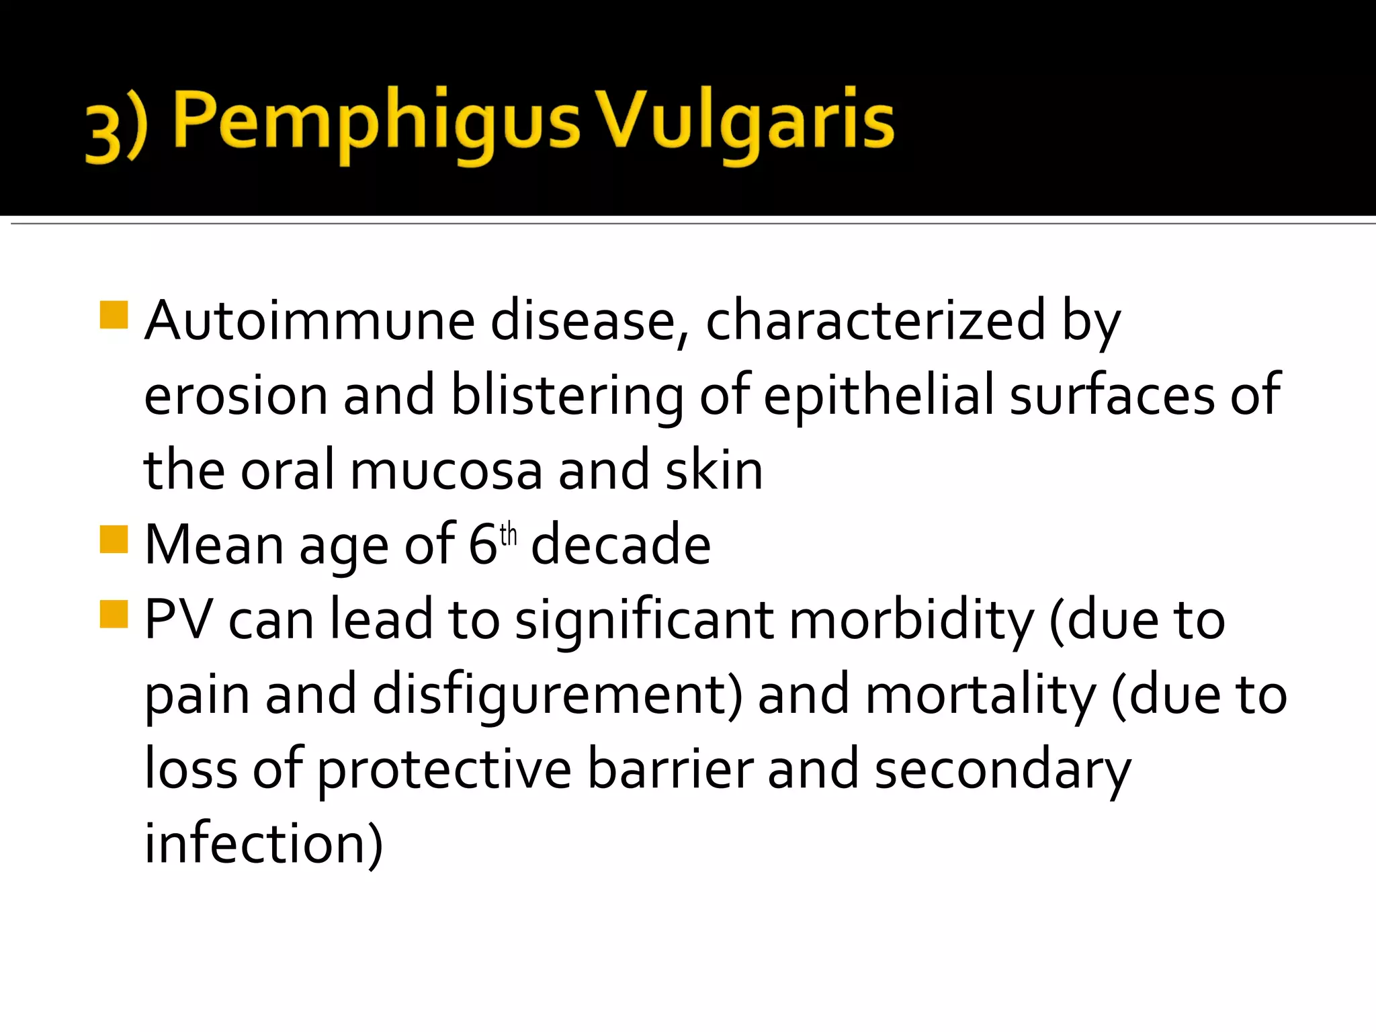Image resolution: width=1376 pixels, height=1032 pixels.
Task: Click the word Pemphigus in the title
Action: coord(376,124)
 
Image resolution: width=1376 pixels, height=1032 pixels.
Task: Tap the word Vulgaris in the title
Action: coord(746,124)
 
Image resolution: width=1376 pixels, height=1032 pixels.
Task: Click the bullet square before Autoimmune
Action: coord(114,315)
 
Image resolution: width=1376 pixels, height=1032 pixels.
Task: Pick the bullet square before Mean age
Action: coord(114,539)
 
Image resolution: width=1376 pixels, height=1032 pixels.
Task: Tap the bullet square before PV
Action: coord(114,613)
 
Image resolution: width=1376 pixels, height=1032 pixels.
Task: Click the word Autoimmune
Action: coord(309,321)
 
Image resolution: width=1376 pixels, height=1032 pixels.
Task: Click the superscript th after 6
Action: coord(509,535)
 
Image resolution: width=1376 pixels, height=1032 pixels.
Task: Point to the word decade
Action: coord(621,545)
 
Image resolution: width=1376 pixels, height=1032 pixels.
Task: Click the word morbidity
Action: coord(911,619)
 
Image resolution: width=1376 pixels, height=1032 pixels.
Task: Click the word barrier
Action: coord(670,770)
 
